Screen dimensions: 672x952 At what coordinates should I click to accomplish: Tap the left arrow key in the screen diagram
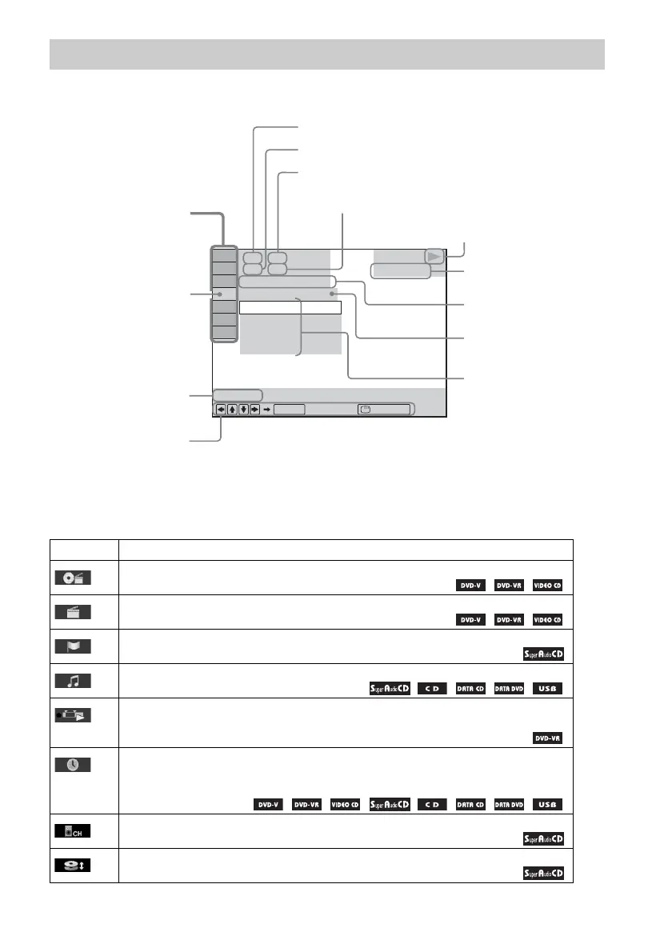coord(221,409)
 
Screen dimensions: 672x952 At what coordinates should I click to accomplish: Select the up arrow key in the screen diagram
coord(232,409)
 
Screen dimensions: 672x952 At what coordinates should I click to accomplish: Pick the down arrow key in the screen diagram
coord(243,409)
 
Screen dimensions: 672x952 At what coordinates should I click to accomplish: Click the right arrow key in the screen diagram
coord(254,409)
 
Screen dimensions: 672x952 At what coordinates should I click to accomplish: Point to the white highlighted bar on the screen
coord(290,307)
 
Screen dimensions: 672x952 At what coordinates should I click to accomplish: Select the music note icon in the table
coord(73,681)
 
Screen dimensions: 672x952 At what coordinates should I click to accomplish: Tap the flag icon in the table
coord(73,646)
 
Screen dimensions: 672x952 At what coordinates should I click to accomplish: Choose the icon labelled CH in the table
coord(73,831)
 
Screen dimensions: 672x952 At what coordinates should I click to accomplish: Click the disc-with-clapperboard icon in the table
coord(73,578)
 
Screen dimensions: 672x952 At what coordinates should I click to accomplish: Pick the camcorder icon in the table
coord(73,715)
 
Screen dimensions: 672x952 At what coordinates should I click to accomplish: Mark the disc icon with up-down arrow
coord(73,866)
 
